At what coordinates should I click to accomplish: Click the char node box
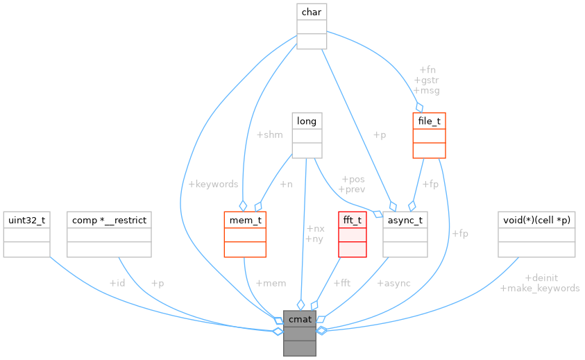[311, 26]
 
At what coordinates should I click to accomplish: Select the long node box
[307, 135]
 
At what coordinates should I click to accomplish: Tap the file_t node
[428, 135]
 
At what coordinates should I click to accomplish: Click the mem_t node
[244, 234]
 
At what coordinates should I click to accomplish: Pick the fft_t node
[351, 234]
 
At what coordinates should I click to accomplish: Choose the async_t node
[405, 234]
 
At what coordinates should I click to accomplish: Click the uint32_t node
[26, 234]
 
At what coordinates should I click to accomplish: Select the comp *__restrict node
[108, 234]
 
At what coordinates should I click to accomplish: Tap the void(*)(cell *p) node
[536, 234]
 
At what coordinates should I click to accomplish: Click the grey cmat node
[300, 334]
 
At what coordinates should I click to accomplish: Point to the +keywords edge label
[213, 184]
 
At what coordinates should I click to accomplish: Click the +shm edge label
[269, 135]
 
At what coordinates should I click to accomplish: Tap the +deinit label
[541, 277]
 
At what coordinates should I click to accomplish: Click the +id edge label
[117, 283]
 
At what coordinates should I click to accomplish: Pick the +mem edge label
[271, 283]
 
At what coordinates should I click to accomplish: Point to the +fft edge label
[341, 283]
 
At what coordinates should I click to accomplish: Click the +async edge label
[393, 283]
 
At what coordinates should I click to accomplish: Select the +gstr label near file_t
[426, 80]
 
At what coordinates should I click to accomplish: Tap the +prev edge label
[351, 189]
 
